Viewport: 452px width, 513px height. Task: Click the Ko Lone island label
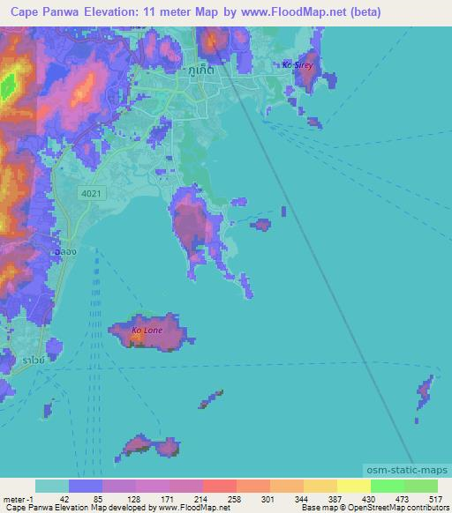click(x=147, y=331)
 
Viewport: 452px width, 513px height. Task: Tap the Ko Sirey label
click(x=298, y=65)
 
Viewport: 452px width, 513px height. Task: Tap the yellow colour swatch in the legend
click(x=353, y=486)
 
